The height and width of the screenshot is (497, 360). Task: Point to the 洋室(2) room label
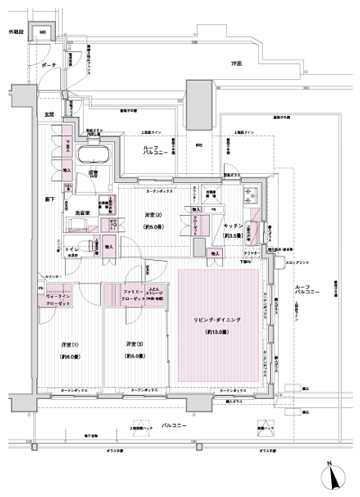153,214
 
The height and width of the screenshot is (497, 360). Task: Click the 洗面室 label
76,212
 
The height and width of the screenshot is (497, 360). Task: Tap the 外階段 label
15,32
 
